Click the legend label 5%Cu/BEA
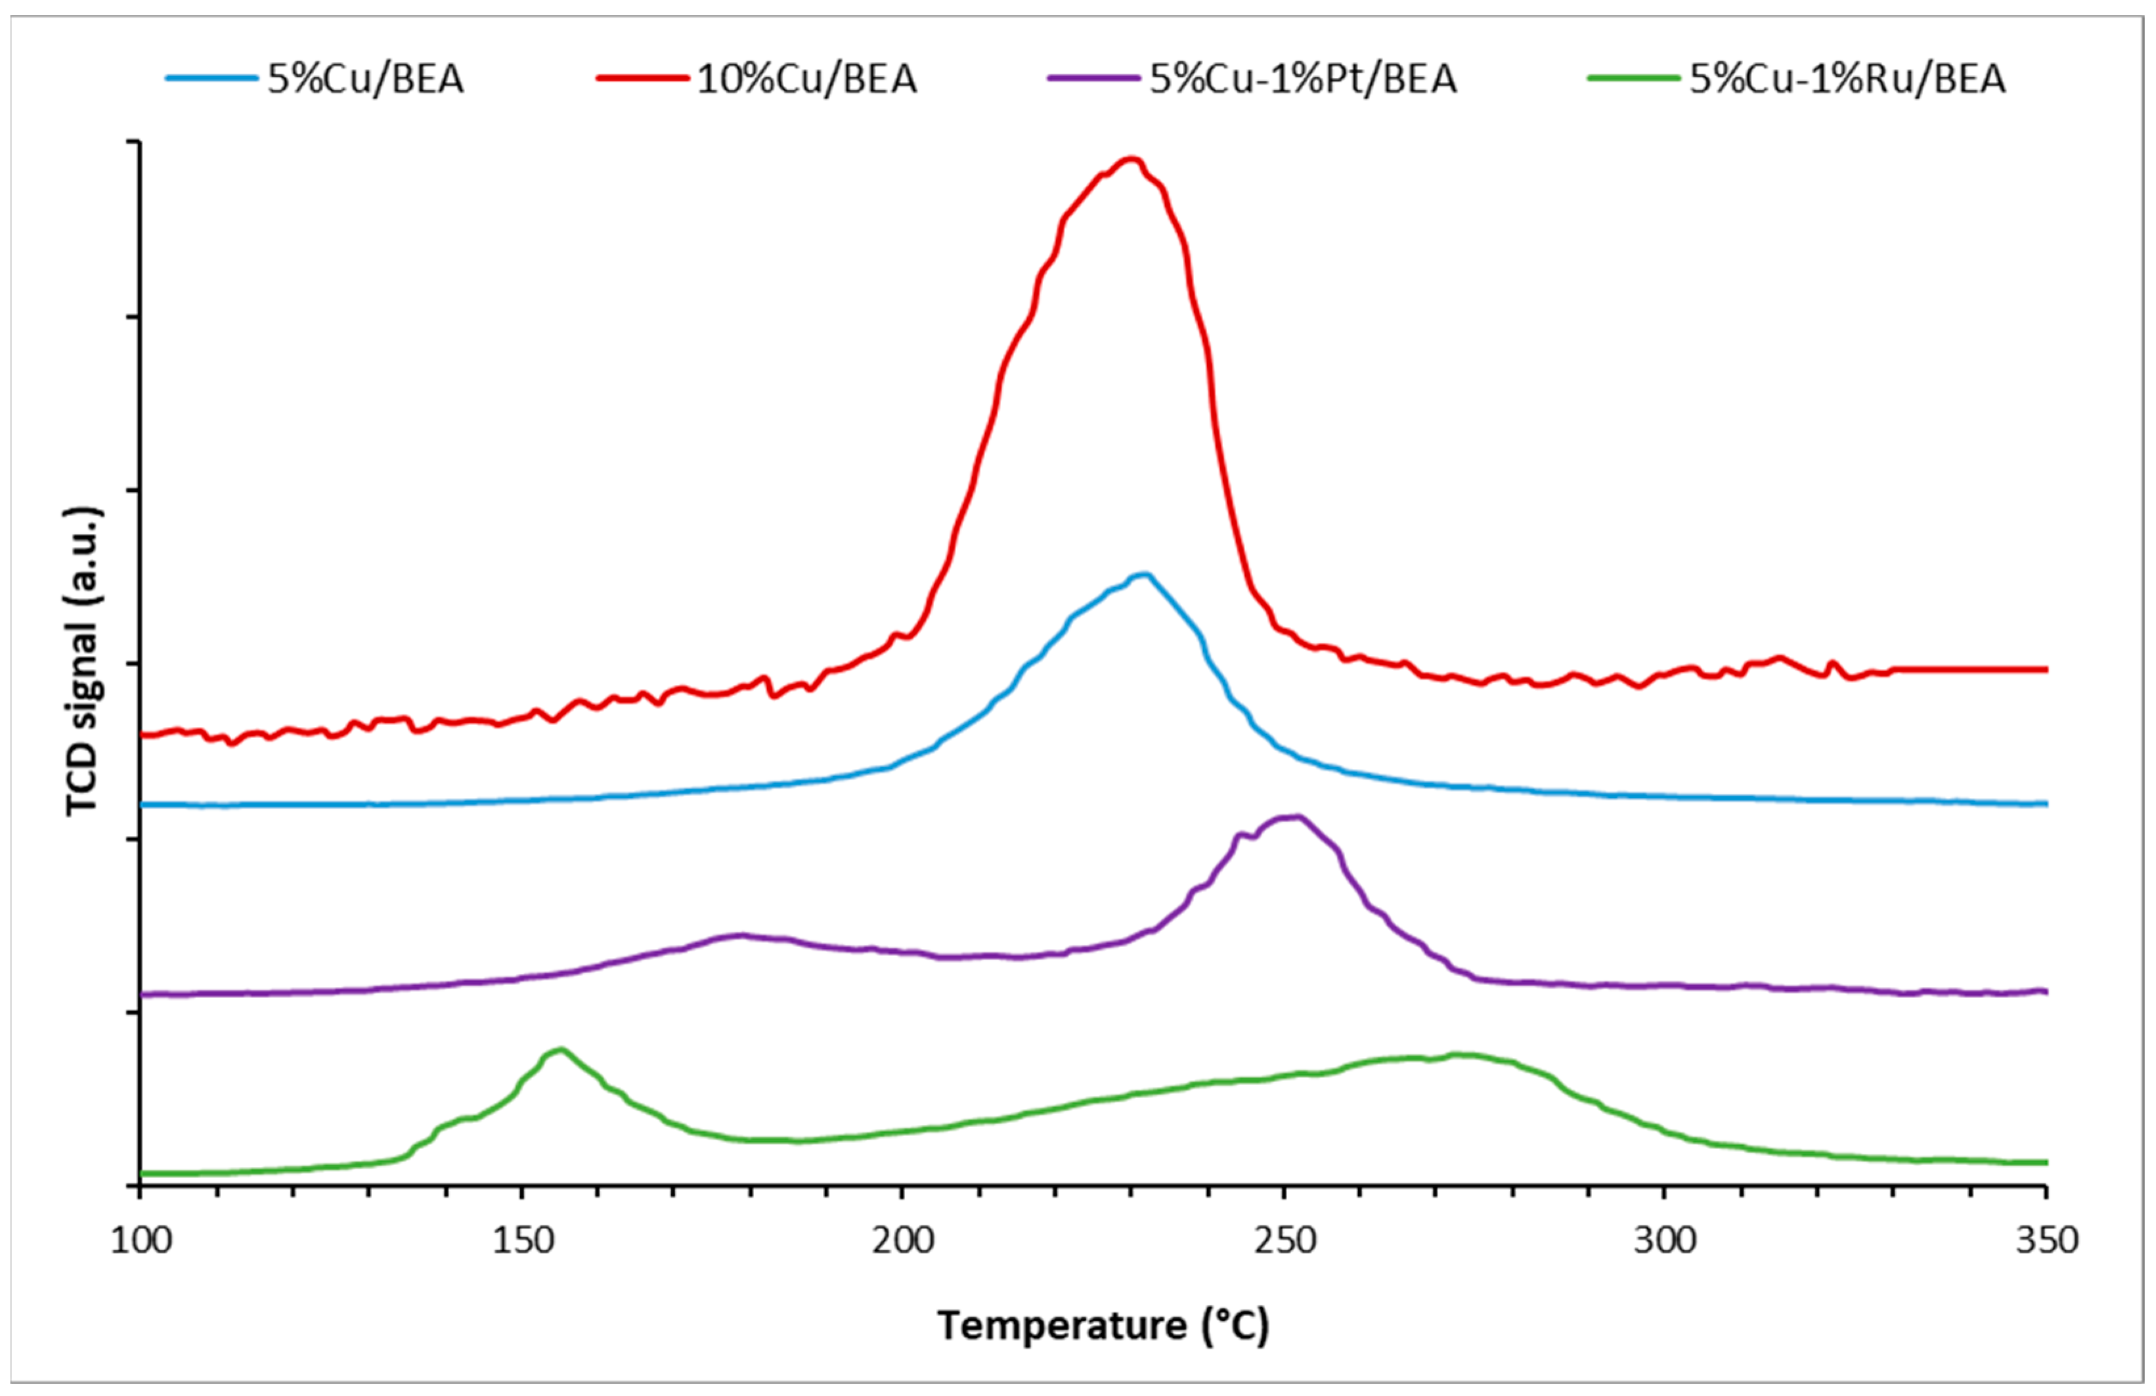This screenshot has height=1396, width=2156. [365, 79]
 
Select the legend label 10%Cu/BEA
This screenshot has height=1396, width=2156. [806, 79]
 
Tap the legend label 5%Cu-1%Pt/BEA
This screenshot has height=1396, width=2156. [1303, 79]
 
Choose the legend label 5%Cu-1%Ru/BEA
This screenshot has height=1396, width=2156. [1847, 79]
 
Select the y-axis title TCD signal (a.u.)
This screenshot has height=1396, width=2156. [83, 661]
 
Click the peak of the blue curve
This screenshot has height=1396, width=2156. [1143, 575]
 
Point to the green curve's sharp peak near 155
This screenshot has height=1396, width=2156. [561, 1050]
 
